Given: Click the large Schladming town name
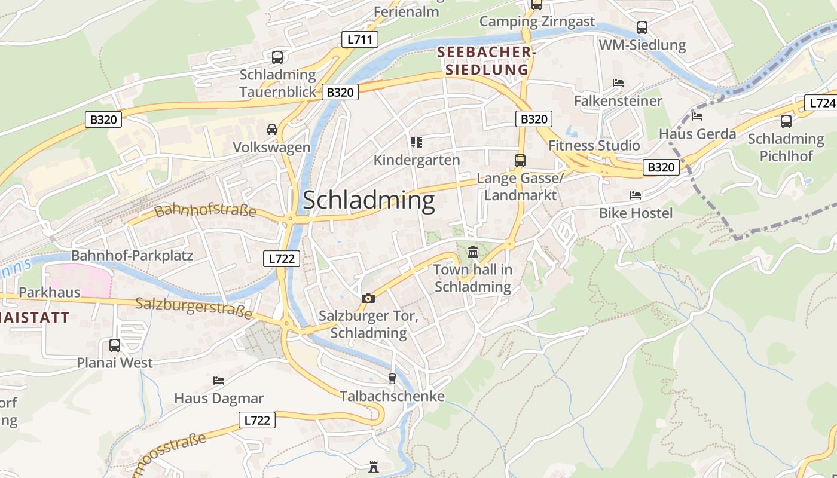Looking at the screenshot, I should tap(368, 200).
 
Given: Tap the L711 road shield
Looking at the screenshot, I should tap(359, 40).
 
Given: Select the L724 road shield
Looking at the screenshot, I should tap(822, 103).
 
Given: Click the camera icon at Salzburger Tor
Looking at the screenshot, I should tap(368, 298).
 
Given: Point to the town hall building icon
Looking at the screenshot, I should tap(473, 252).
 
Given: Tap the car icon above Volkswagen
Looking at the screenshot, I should tap(271, 130).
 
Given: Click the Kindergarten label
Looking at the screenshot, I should tap(417, 160).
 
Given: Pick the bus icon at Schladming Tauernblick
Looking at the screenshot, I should tap(277, 57).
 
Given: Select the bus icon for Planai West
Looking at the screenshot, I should tap(114, 345).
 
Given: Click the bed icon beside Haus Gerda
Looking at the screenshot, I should tap(697, 116).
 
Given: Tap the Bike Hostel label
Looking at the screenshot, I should tap(636, 213).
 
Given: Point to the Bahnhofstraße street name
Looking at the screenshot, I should tap(205, 211).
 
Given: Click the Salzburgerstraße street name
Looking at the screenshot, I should tap(194, 307).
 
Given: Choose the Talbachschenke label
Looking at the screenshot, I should tap(392, 396).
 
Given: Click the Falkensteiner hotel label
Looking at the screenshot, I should tap(618, 101).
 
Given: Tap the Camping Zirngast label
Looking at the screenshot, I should tap(537, 22).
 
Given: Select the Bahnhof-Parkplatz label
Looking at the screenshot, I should tap(132, 256).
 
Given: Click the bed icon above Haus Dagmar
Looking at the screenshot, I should tap(219, 381).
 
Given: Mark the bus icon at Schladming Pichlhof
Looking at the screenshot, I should tap(786, 121).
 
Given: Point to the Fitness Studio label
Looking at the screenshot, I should tap(594, 146).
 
